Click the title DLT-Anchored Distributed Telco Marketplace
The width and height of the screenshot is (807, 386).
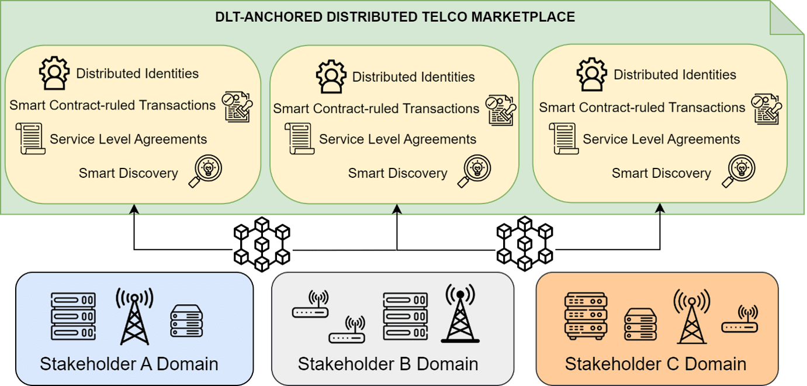pyautogui.click(x=395, y=16)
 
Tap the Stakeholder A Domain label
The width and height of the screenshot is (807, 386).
pyautogui.click(x=129, y=364)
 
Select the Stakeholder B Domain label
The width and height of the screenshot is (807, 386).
pyautogui.click(x=388, y=364)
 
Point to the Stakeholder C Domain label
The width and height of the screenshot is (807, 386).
pyautogui.click(x=656, y=364)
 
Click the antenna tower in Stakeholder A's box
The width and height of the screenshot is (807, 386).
pyautogui.click(x=134, y=316)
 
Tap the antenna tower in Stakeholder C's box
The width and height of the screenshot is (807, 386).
pyautogui.click(x=691, y=316)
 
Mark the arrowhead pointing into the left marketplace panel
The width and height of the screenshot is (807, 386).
pyautogui.click(x=134, y=208)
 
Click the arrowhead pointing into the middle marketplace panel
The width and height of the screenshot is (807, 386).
pyautogui.click(x=397, y=208)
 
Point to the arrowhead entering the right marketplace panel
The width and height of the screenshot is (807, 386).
pyautogui.click(x=661, y=208)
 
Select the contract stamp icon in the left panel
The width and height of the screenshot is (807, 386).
pyautogui.click(x=238, y=107)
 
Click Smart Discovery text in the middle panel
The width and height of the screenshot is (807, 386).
pyautogui.click(x=397, y=173)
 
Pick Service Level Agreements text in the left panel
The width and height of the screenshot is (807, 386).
pyautogui.click(x=129, y=139)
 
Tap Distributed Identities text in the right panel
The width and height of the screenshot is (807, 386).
pyautogui.click(x=675, y=75)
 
